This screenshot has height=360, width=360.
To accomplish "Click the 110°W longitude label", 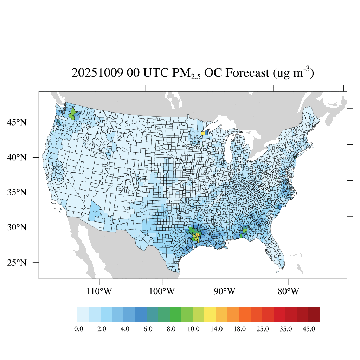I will [99, 291].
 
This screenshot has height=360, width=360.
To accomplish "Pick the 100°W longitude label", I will [162, 291].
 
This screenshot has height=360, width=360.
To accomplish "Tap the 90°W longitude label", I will [225, 291].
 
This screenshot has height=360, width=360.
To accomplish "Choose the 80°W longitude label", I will [288, 291].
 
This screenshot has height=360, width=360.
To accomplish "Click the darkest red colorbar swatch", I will [314, 314].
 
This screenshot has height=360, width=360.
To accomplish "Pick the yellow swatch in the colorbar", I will [210, 314].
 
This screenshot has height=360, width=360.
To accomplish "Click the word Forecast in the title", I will [245, 73].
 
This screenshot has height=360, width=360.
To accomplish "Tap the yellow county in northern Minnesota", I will [203, 133].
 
